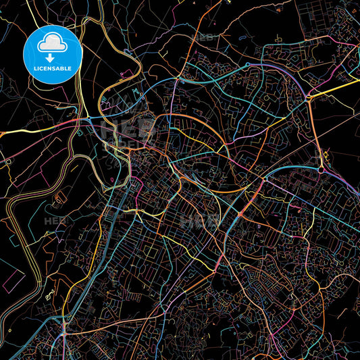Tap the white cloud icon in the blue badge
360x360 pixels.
(x=52, y=43)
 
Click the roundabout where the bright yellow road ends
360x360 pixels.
(x=309, y=99)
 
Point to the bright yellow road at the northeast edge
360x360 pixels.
(x=338, y=86)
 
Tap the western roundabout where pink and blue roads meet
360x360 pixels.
(x=90, y=120)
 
